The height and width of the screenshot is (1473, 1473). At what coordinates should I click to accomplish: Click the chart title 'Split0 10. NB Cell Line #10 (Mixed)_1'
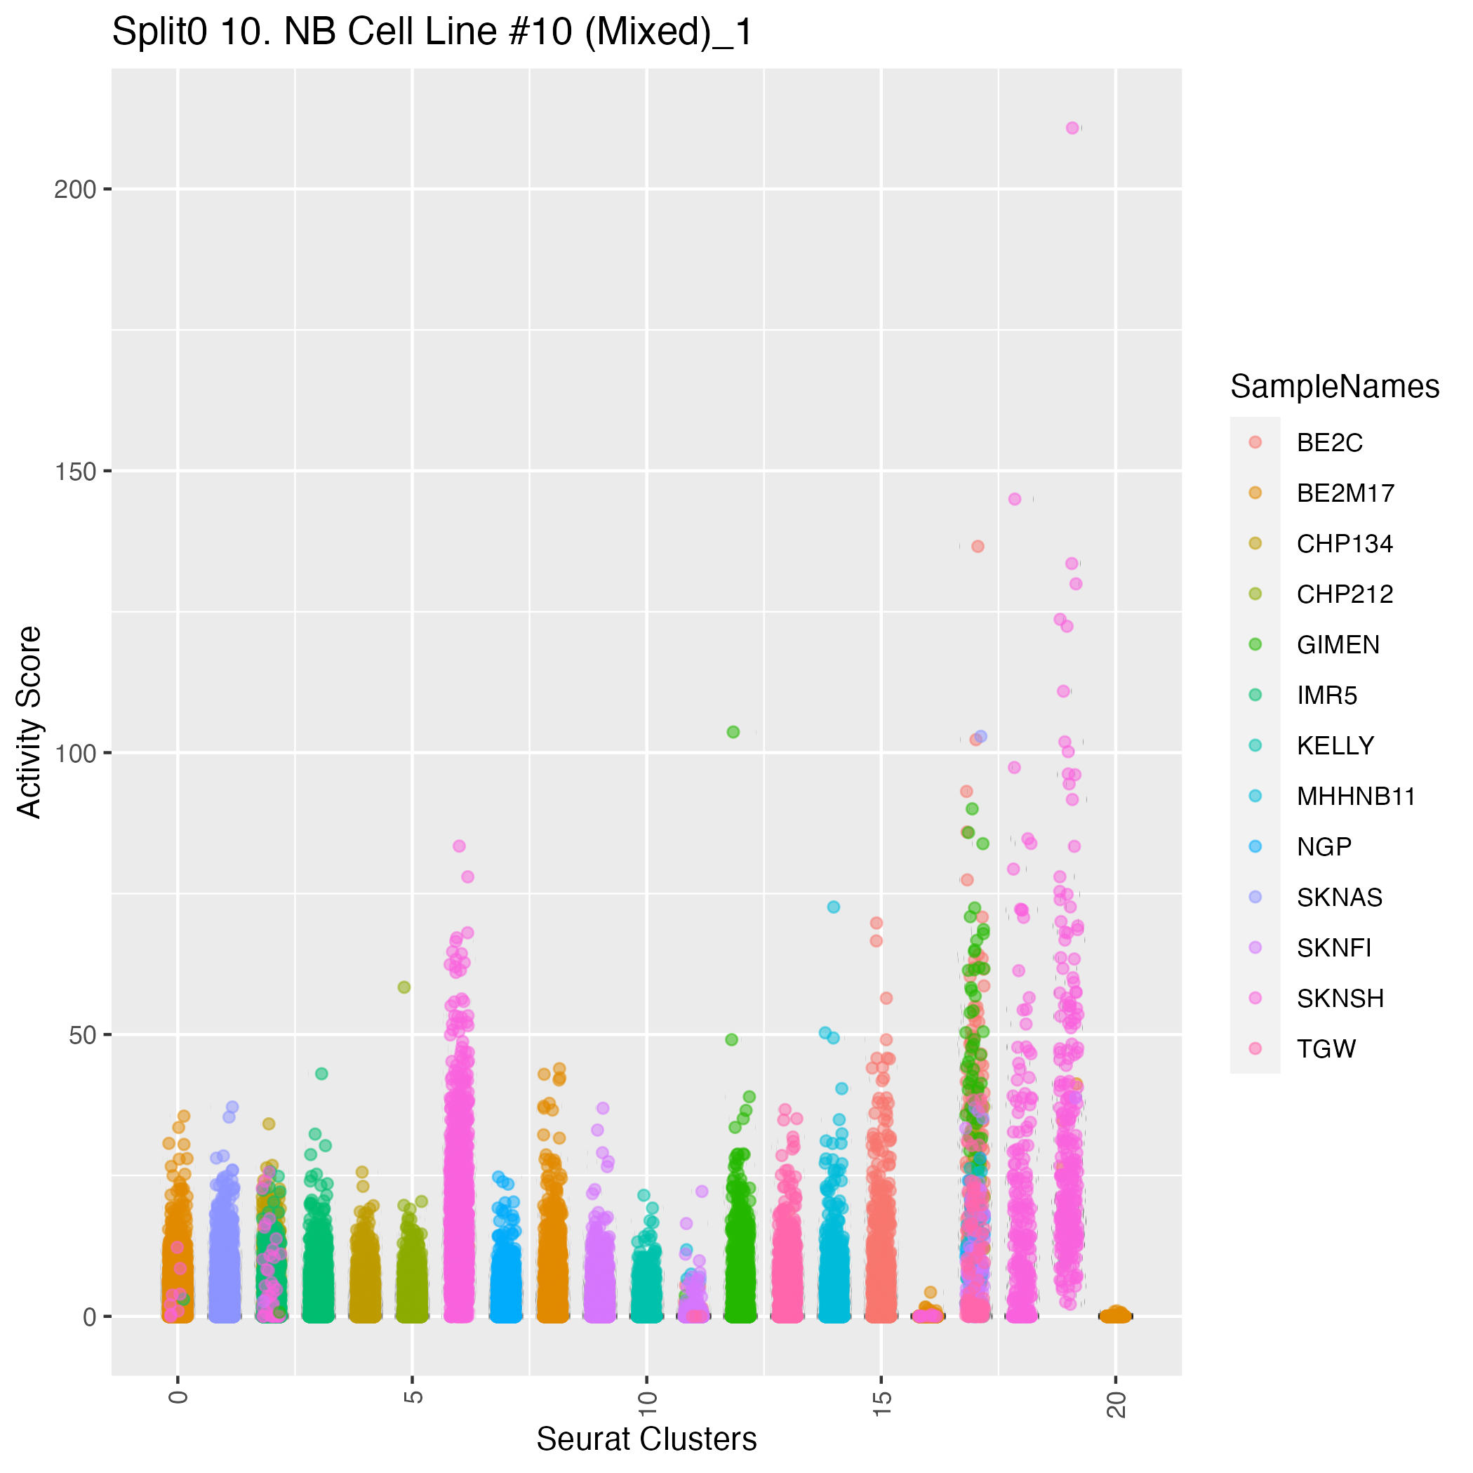point(432,33)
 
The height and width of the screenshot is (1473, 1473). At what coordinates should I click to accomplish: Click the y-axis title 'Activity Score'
point(29,722)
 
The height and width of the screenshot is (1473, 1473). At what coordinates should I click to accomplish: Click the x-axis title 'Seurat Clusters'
point(646,1439)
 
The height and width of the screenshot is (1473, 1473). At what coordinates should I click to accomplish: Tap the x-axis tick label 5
point(413,1397)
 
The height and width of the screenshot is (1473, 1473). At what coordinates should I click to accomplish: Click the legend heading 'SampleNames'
point(1334,387)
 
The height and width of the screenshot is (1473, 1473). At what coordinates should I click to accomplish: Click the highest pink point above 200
point(1073,128)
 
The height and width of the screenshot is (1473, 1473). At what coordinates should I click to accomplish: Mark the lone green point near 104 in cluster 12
point(733,732)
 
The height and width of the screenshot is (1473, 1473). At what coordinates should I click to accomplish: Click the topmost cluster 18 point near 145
point(1015,500)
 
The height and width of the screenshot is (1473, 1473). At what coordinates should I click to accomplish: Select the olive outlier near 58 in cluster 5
point(404,987)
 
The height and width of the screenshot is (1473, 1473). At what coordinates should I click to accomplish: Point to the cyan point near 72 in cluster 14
point(833,907)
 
